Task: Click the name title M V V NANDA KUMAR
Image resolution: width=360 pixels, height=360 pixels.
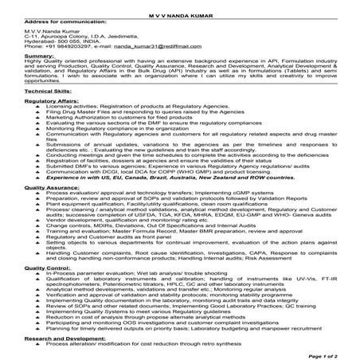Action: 179,6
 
